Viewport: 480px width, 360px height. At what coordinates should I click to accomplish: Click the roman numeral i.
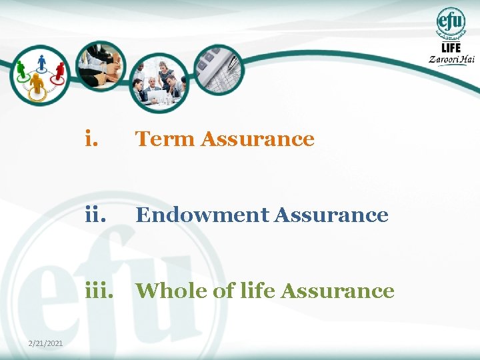[x=93, y=139]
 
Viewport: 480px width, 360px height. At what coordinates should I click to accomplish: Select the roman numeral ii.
[x=96, y=215]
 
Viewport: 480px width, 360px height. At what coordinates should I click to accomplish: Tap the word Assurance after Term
[x=257, y=139]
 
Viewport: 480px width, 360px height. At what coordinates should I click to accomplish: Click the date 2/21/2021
[x=46, y=343]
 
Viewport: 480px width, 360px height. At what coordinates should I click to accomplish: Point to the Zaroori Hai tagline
[x=452, y=59]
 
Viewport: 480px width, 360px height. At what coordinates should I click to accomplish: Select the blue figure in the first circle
[x=41, y=63]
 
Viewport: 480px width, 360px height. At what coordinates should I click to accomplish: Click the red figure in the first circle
[x=60, y=70]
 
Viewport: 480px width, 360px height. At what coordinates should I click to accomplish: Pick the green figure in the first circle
[x=21, y=69]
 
